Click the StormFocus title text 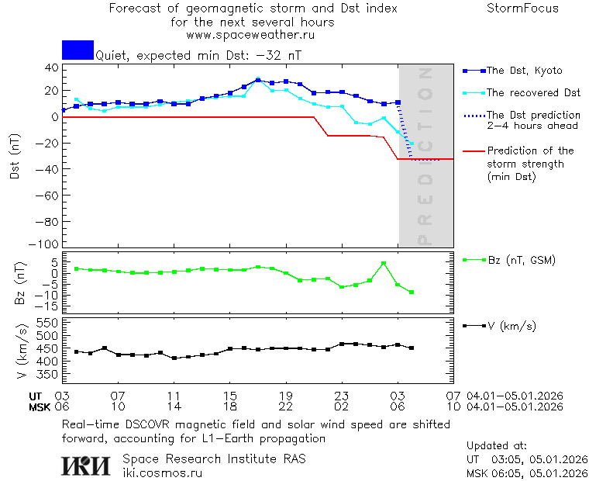click(x=522, y=9)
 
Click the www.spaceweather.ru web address click(x=251, y=35)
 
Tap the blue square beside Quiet click(x=77, y=50)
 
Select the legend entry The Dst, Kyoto click(x=524, y=71)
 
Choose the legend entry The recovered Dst click(x=533, y=93)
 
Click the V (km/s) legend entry click(x=511, y=326)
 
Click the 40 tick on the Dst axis click(x=53, y=67)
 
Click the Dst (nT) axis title click(x=15, y=157)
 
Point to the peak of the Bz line click(x=384, y=264)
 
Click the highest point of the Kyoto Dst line click(x=258, y=80)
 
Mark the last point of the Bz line click(x=412, y=292)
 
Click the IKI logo click(x=87, y=465)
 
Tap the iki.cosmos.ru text click(x=163, y=473)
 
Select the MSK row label click(x=39, y=407)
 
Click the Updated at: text click(x=496, y=446)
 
